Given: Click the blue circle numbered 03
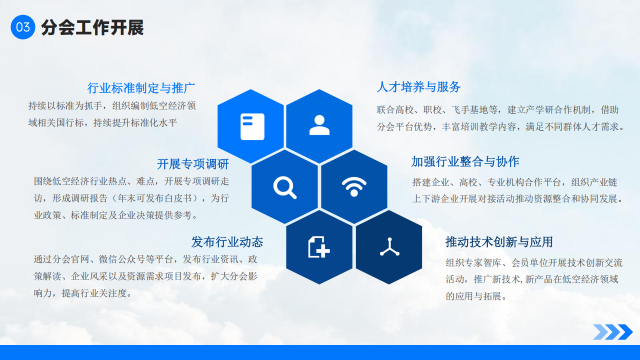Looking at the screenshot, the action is click(x=23, y=27).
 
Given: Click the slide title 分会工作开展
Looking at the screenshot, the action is click(x=92, y=27).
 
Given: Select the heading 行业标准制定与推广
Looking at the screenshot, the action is click(x=141, y=88).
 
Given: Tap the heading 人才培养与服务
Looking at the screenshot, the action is click(x=418, y=87).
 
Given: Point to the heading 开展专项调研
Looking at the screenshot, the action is click(x=193, y=164).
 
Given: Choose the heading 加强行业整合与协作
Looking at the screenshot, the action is click(x=465, y=161).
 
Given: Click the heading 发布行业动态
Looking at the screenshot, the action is click(x=227, y=241).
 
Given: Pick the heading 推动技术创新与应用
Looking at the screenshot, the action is click(x=499, y=242).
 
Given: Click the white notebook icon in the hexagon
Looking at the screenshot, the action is click(x=252, y=126).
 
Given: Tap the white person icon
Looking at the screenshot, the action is click(x=319, y=125).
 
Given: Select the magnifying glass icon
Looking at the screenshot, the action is click(x=285, y=187).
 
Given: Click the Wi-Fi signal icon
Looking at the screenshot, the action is click(x=354, y=186).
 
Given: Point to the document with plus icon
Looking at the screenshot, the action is click(x=319, y=247).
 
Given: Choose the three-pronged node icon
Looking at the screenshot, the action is click(x=389, y=247).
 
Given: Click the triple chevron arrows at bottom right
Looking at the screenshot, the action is click(x=613, y=332).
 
